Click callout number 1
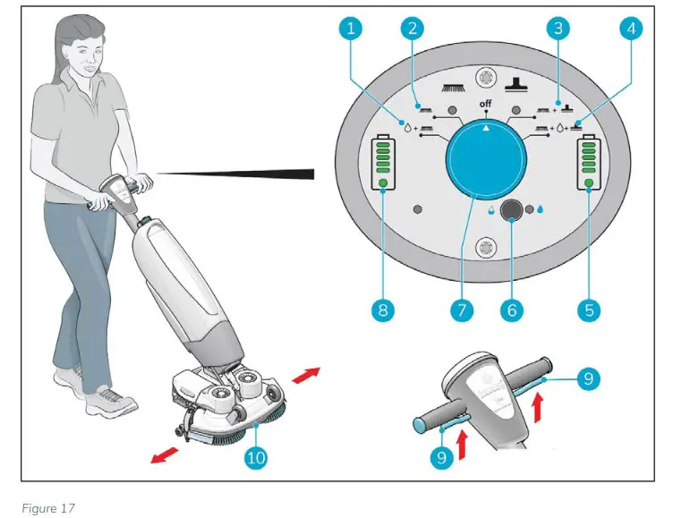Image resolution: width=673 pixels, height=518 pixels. click(x=351, y=29)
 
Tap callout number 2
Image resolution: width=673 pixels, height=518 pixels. click(x=413, y=29)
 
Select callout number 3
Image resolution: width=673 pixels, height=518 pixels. click(x=558, y=29)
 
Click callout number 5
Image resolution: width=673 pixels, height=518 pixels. click(x=588, y=310)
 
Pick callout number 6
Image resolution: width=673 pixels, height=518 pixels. click(x=512, y=310)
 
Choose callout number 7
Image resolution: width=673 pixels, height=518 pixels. click(x=461, y=310)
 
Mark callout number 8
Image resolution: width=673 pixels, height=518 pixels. click(x=382, y=310)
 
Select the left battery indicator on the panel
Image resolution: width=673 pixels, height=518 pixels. click(x=383, y=163)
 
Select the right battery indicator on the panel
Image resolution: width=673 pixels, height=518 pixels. click(x=589, y=163)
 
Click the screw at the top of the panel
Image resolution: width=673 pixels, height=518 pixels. click(x=487, y=76)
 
